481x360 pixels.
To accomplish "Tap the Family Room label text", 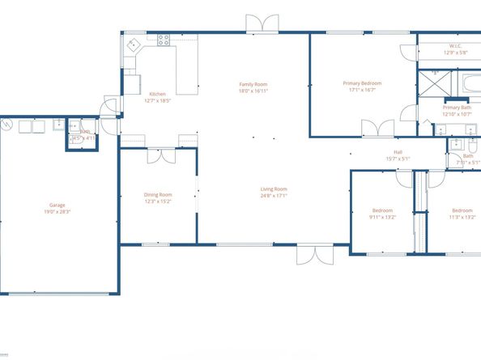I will click(x=253, y=84).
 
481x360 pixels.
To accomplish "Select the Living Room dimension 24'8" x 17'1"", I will click(x=274, y=195).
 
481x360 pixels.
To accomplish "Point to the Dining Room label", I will click(x=158, y=194).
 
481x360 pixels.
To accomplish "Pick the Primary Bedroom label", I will click(x=362, y=83).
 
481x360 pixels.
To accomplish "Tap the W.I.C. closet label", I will click(x=455, y=46).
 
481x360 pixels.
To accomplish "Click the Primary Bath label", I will click(x=457, y=108).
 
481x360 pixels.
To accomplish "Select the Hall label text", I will click(x=398, y=152).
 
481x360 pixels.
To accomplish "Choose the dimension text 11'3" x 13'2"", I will click(x=462, y=217).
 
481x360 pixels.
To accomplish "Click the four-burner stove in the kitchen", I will click(x=164, y=40).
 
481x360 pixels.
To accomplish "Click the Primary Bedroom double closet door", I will click(x=377, y=128).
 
